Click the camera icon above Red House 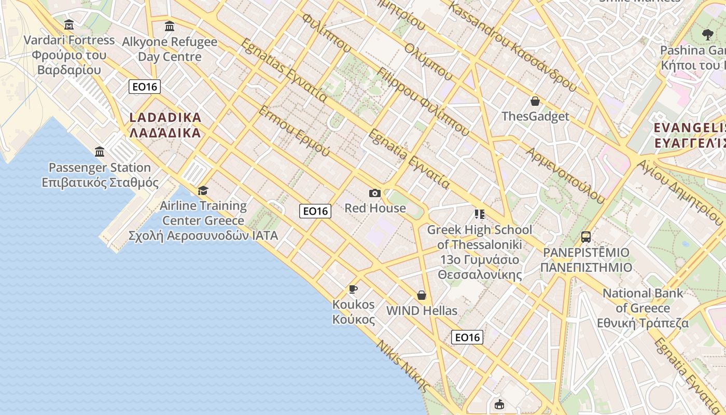(x=374, y=193)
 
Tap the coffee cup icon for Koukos (x=353, y=289)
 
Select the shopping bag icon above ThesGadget (x=535, y=101)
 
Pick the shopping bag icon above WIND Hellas (x=422, y=295)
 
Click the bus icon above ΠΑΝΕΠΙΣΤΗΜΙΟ (x=586, y=237)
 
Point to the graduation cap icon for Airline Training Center (x=203, y=190)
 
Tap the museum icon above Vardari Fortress (x=69, y=25)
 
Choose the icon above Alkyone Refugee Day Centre (x=169, y=26)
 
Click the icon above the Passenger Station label (x=100, y=151)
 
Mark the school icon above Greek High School (x=479, y=214)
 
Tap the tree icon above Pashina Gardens (x=707, y=35)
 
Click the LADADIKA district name (x=165, y=118)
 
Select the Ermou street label (x=294, y=132)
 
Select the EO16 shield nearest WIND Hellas (x=467, y=337)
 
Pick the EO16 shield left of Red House (x=315, y=211)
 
